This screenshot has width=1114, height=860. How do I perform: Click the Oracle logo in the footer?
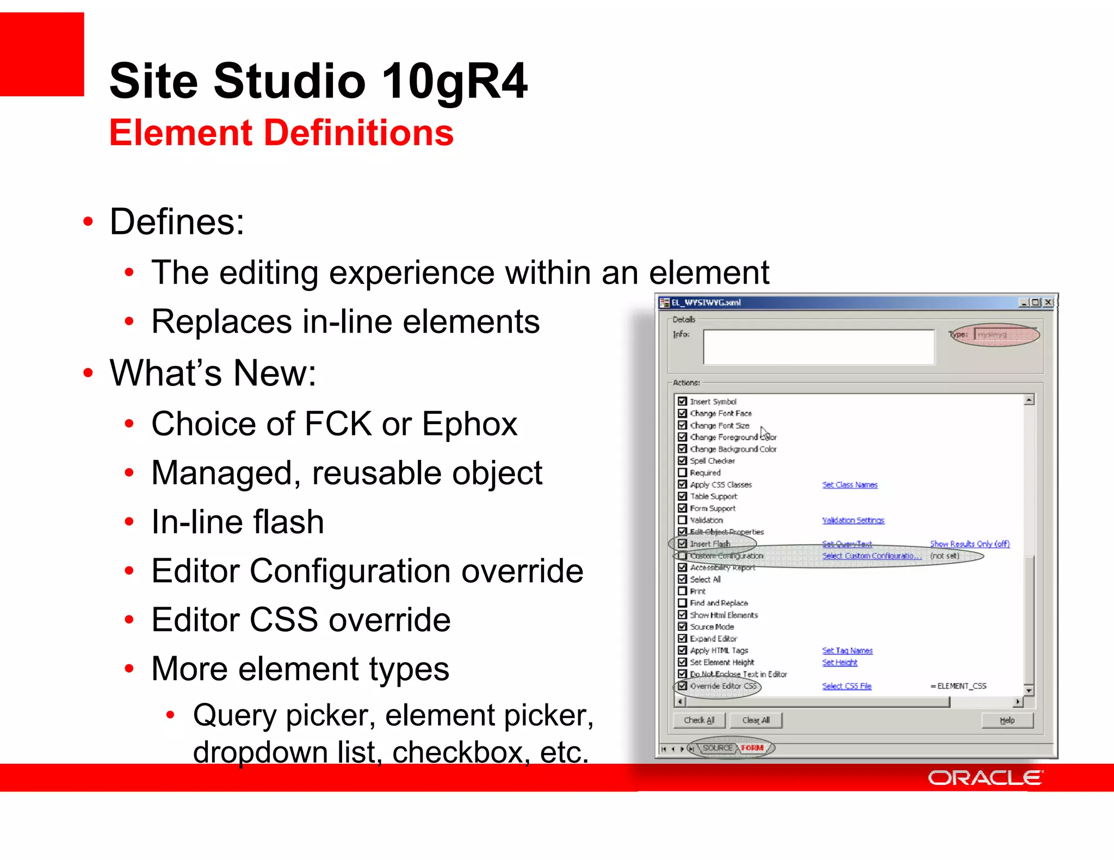click(985, 778)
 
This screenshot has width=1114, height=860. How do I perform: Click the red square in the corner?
click(42, 54)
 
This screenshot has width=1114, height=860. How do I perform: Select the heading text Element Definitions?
click(281, 133)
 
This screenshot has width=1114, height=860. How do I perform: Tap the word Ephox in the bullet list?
click(469, 424)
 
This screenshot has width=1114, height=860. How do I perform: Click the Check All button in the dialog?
click(699, 720)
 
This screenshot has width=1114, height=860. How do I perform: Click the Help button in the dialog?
click(1007, 720)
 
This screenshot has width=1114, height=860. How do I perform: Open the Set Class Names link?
click(850, 485)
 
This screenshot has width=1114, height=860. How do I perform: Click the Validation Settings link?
click(853, 520)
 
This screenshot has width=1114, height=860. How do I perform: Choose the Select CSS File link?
click(846, 686)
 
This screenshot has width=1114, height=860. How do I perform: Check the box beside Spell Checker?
click(683, 460)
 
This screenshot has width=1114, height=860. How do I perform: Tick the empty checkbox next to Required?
click(683, 472)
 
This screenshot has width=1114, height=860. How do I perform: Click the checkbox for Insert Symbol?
click(683, 401)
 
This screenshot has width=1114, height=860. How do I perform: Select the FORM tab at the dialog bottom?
click(752, 748)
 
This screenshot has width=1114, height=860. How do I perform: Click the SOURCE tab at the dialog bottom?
click(717, 748)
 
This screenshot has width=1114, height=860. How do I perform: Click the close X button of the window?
click(1048, 302)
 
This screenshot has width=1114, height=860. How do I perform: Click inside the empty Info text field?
click(818, 347)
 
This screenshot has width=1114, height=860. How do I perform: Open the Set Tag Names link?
click(847, 651)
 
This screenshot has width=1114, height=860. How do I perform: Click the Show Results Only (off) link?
click(969, 544)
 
